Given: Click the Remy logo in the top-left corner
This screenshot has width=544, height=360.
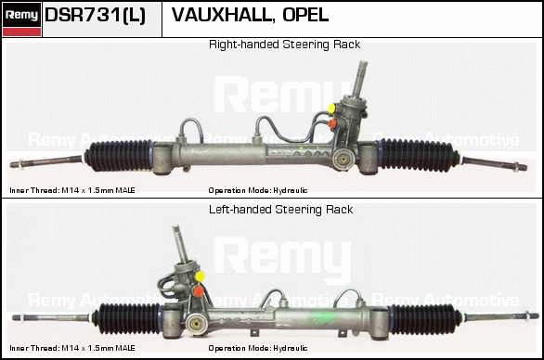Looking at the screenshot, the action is (21, 19).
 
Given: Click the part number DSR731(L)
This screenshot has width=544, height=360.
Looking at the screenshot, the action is (95, 15).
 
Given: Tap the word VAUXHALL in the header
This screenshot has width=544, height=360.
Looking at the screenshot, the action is (221, 15).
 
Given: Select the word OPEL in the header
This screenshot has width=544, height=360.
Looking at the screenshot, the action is (305, 15).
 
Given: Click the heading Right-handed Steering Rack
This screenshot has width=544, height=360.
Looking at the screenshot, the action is (284, 45).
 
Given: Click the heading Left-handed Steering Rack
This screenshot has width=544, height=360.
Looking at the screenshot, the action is (280, 210).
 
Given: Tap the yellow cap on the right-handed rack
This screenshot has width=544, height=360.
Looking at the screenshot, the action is (331, 109).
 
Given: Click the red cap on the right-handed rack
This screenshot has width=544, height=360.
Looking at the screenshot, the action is (332, 123).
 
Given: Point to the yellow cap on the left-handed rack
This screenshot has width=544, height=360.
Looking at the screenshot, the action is (200, 276).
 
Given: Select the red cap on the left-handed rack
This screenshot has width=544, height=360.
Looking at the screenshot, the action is (199, 291).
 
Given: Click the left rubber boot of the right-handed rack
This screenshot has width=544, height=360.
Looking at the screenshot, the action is (119, 156).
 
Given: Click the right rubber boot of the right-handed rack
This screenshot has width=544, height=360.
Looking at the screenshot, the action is (418, 155).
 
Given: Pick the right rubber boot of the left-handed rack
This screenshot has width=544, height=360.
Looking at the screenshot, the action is (425, 319).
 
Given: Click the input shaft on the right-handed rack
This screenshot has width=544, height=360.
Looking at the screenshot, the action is (359, 78).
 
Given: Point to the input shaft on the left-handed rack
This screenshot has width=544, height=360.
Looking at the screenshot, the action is (181, 243).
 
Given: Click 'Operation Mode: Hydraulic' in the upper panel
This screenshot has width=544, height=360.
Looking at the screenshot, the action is (258, 190).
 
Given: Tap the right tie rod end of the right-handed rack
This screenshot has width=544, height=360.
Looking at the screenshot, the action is (495, 163).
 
